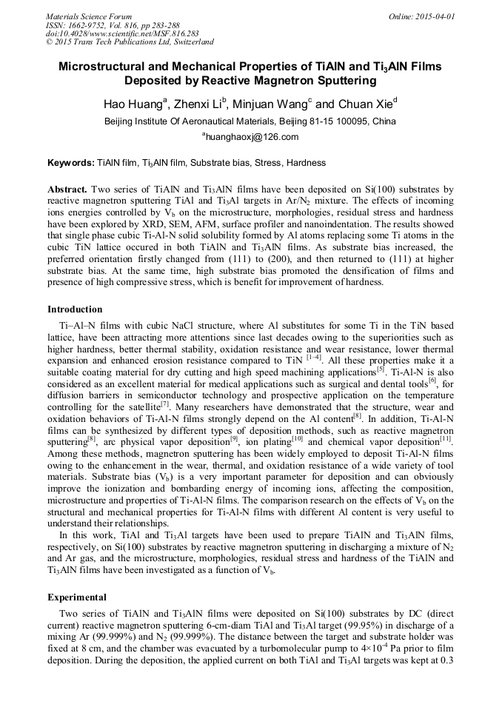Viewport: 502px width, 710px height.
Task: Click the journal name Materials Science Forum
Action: click(89, 16)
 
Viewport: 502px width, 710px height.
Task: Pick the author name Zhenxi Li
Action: click(199, 104)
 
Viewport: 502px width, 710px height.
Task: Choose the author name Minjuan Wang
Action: click(271, 104)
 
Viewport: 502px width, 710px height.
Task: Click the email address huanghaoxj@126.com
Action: click(252, 137)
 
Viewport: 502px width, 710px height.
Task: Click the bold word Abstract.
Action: click(67, 190)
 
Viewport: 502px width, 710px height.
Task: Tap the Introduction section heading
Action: click(75, 309)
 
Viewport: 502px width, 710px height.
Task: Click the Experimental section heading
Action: click(77, 597)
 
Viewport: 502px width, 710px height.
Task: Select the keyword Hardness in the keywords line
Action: click(306, 162)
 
